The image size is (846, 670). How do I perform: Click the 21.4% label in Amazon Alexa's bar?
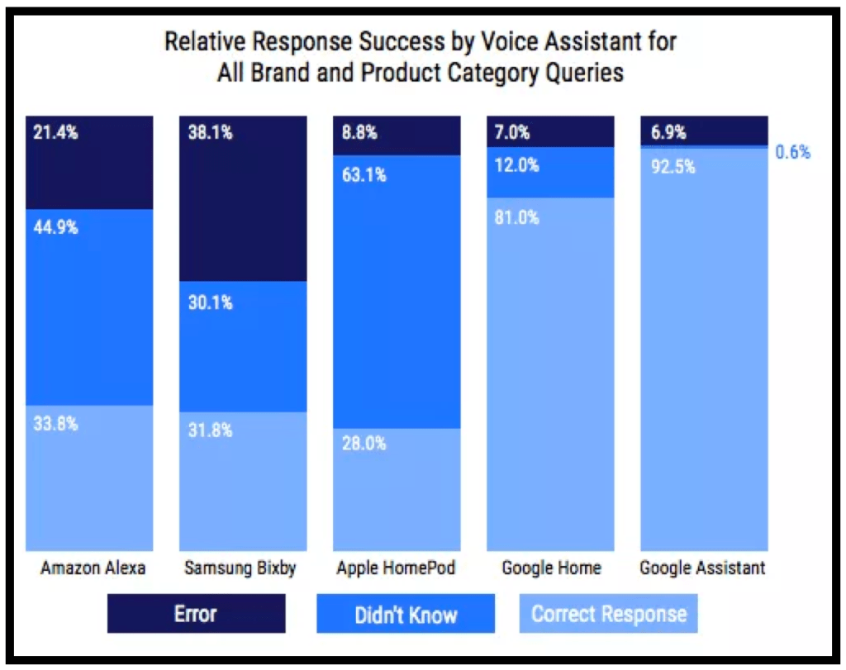click(x=55, y=132)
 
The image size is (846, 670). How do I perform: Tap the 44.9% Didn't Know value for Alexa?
click(x=56, y=227)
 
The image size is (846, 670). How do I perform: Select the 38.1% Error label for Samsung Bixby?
click(x=210, y=132)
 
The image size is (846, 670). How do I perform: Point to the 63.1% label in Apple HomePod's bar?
click(x=364, y=175)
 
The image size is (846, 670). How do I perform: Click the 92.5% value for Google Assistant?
click(x=673, y=167)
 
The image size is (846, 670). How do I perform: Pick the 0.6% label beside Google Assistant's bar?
click(x=792, y=152)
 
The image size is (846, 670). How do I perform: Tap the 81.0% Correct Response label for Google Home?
click(x=517, y=217)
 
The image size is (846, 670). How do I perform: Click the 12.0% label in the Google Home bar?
click(x=517, y=165)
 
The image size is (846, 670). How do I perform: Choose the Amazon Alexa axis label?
click(x=93, y=568)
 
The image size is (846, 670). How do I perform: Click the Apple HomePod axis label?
click(x=396, y=568)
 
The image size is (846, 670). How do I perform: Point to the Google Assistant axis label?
click(x=702, y=568)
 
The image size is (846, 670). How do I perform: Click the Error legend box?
click(x=196, y=614)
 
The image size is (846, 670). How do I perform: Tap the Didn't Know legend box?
click(x=406, y=614)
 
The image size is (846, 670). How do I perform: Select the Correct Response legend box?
click(x=608, y=614)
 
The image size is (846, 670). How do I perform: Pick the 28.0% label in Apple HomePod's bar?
click(x=364, y=443)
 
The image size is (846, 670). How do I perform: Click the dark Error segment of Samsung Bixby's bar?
click(x=243, y=207)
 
